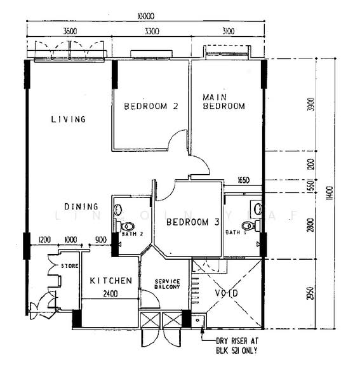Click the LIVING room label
(69, 119)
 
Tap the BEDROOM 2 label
(150, 106)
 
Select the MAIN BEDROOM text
(223, 102)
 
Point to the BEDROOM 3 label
(192, 222)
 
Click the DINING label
(81, 206)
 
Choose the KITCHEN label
(110, 281)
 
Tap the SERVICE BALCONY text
(168, 284)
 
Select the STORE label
(69, 265)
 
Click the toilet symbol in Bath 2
(128, 226)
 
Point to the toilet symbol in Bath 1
(250, 225)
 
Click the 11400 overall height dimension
(328, 190)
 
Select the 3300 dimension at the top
(151, 30)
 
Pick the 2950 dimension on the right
(310, 294)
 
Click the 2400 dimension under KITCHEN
(110, 293)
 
